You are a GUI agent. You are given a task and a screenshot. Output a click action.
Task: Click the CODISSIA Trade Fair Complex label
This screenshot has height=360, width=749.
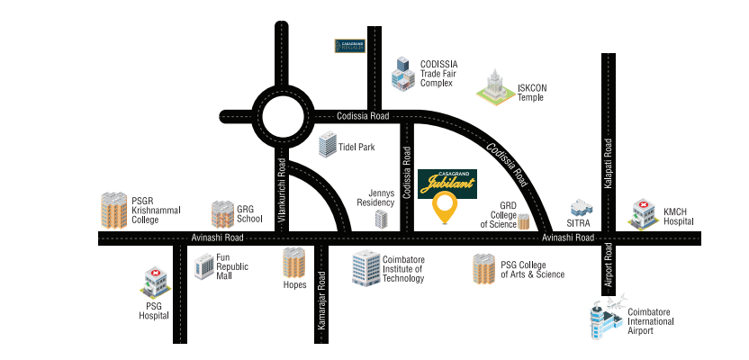[439, 74]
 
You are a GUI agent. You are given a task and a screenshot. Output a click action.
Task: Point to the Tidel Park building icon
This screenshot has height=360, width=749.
[328, 144]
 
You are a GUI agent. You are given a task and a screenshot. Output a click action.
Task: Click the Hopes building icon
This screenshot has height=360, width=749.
[293, 263]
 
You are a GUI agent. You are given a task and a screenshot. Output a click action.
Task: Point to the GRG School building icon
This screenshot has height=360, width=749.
[222, 214]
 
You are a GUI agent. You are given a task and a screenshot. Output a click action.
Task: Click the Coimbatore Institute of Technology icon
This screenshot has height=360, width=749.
[365, 266]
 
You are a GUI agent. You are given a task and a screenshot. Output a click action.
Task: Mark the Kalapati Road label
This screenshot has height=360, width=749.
[609, 163]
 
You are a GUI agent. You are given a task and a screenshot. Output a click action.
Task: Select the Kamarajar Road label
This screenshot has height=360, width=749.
[321, 305]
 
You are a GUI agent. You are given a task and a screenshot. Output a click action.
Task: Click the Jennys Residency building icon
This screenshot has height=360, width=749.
[384, 217]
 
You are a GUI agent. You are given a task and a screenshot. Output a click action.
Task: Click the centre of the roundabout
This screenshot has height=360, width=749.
[281, 115]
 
